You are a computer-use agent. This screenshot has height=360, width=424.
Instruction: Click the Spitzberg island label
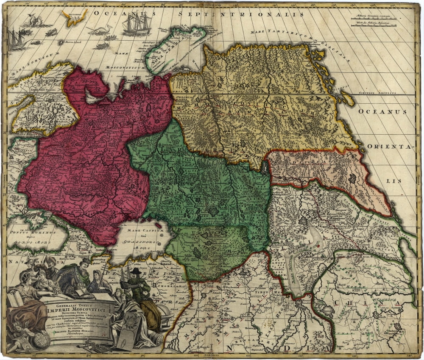tap(74, 13)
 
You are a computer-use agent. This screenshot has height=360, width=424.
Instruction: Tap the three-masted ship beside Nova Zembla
tap(137, 25)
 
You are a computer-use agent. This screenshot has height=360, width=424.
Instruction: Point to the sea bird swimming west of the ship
tap(102, 30)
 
